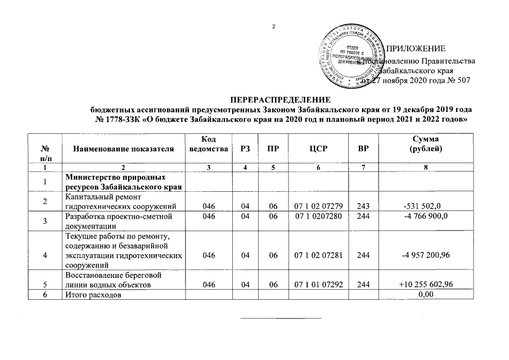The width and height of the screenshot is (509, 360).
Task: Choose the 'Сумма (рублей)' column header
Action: pyautogui.click(x=427, y=144)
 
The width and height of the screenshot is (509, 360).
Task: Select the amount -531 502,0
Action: pyautogui.click(x=426, y=206)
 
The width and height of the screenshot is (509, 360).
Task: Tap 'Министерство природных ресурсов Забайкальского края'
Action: pyautogui.click(x=108, y=183)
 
